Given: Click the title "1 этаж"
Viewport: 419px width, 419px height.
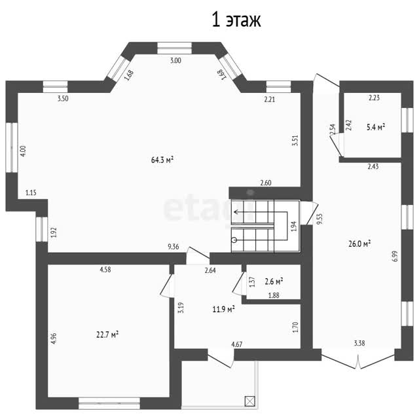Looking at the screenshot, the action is [236, 20].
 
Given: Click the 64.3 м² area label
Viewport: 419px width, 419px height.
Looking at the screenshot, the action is [162, 160].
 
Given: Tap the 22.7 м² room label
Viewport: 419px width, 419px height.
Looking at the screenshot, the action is [107, 335].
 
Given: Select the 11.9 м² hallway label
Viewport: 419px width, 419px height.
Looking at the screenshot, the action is [224, 309].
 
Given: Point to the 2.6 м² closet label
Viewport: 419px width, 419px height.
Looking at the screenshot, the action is [274, 282].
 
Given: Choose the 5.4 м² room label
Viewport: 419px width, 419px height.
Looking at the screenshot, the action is [376, 127].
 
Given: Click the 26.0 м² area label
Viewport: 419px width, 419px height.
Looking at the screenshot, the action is [359, 244].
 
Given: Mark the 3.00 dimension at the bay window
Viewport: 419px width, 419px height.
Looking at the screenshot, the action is [175, 60].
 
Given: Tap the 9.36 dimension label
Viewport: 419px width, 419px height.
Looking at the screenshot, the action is [173, 247].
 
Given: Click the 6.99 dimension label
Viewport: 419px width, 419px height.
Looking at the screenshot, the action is [395, 256].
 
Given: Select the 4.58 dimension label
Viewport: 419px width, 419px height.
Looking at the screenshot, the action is [105, 269].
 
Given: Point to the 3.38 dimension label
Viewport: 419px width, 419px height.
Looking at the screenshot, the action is [359, 343].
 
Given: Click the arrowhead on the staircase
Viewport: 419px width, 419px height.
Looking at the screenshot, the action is [236, 212].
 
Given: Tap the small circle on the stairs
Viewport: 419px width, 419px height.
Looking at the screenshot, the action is [234, 240].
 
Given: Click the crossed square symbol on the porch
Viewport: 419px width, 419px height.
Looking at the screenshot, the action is [250, 401].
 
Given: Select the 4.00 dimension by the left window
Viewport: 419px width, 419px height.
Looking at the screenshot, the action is [23, 151].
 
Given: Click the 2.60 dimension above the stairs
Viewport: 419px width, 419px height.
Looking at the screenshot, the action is [266, 183].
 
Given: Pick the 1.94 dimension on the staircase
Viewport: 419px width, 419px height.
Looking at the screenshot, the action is [294, 227].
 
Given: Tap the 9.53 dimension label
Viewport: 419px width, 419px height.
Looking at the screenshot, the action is [319, 219].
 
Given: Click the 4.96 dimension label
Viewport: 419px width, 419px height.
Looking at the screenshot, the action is [54, 338].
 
